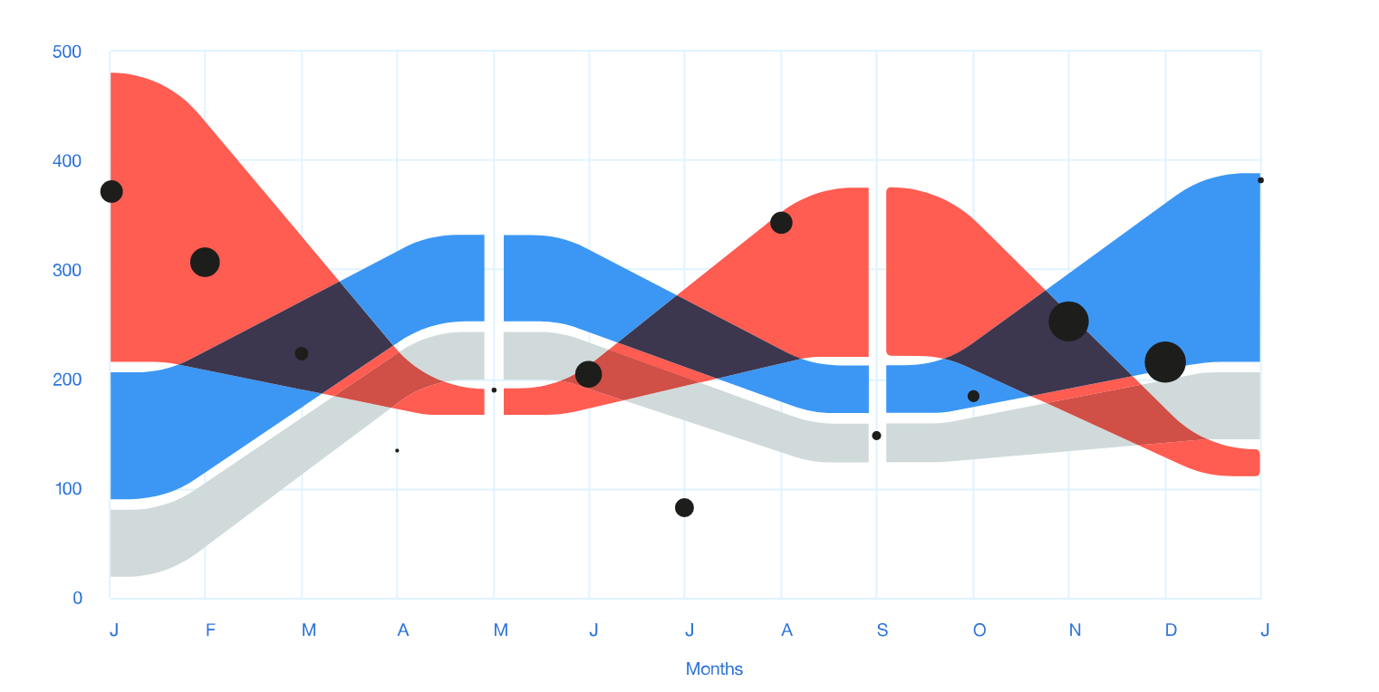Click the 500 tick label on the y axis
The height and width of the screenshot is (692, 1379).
point(67,53)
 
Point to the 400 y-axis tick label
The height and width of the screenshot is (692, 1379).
point(67,161)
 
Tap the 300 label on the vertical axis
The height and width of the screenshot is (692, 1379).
point(67,271)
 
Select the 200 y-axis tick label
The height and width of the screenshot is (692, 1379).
point(67,380)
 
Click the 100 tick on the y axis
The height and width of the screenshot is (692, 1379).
point(67,489)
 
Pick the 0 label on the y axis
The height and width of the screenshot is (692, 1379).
point(77,598)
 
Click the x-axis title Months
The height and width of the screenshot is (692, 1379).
point(714,669)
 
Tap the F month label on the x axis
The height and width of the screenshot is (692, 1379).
point(210,630)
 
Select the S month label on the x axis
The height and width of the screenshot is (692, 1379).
point(882,630)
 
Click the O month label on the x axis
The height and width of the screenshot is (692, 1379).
point(979,630)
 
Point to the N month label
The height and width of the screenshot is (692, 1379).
point(1075,630)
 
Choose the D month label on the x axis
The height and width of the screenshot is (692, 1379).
point(1171,630)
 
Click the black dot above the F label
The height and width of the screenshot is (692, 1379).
point(206,262)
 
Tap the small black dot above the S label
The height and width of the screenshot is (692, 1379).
point(876,436)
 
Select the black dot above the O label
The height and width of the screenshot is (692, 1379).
point(973,396)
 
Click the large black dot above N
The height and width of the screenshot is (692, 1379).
point(1068,321)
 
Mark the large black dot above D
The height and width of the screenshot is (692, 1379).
point(1165,362)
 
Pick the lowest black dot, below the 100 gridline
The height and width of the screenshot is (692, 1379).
point(684,507)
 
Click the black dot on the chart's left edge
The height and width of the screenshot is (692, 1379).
point(111,191)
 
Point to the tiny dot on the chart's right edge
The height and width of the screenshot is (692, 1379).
point(1260,180)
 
